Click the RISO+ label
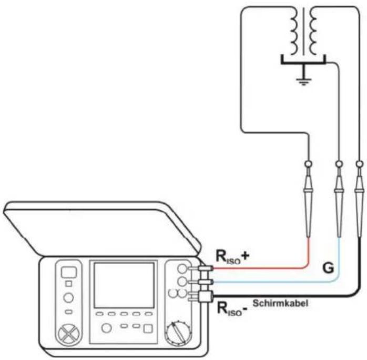[232, 257]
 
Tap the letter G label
[328, 268]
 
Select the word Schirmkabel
[280, 303]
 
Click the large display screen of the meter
[124, 285]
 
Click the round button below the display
[107, 328]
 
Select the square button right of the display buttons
[148, 328]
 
